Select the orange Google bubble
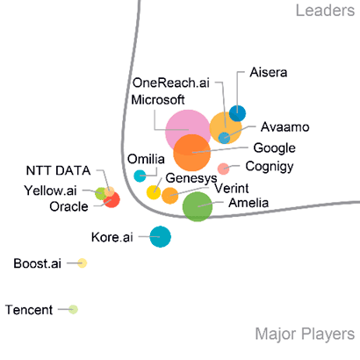click(x=192, y=153)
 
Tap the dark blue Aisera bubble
click(x=237, y=113)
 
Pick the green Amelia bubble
click(x=198, y=206)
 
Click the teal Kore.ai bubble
click(x=160, y=237)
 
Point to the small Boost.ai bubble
click(x=83, y=263)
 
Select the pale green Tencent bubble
click(x=73, y=309)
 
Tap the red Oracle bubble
click(x=112, y=199)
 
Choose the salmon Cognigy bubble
click(x=223, y=169)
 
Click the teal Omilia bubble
click(x=140, y=176)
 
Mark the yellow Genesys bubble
click(x=154, y=192)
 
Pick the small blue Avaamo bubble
click(x=224, y=138)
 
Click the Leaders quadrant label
click(x=325, y=11)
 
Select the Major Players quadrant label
click(x=305, y=335)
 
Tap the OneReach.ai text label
click(x=171, y=83)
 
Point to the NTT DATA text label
click(x=59, y=170)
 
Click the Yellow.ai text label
click(x=50, y=191)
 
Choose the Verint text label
click(x=232, y=188)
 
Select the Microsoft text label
click(x=158, y=100)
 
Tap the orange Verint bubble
click(x=170, y=196)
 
